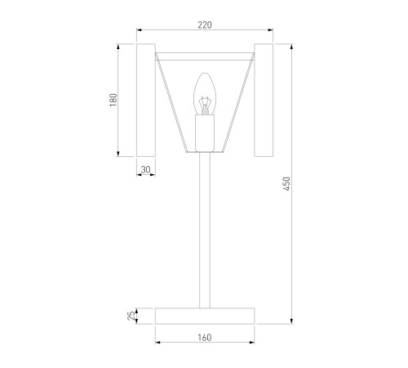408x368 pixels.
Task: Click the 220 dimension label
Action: (205, 25)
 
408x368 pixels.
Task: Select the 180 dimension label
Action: (113, 100)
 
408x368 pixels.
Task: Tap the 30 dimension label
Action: (146, 169)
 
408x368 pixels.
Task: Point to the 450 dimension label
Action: (286, 184)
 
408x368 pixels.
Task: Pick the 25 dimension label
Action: (131, 316)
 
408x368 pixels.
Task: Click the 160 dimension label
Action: (205, 338)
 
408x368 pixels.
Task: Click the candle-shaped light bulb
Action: (205, 94)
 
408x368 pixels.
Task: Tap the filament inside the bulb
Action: (205, 105)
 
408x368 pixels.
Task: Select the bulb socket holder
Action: (205, 133)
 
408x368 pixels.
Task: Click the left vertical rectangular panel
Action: (146, 100)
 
